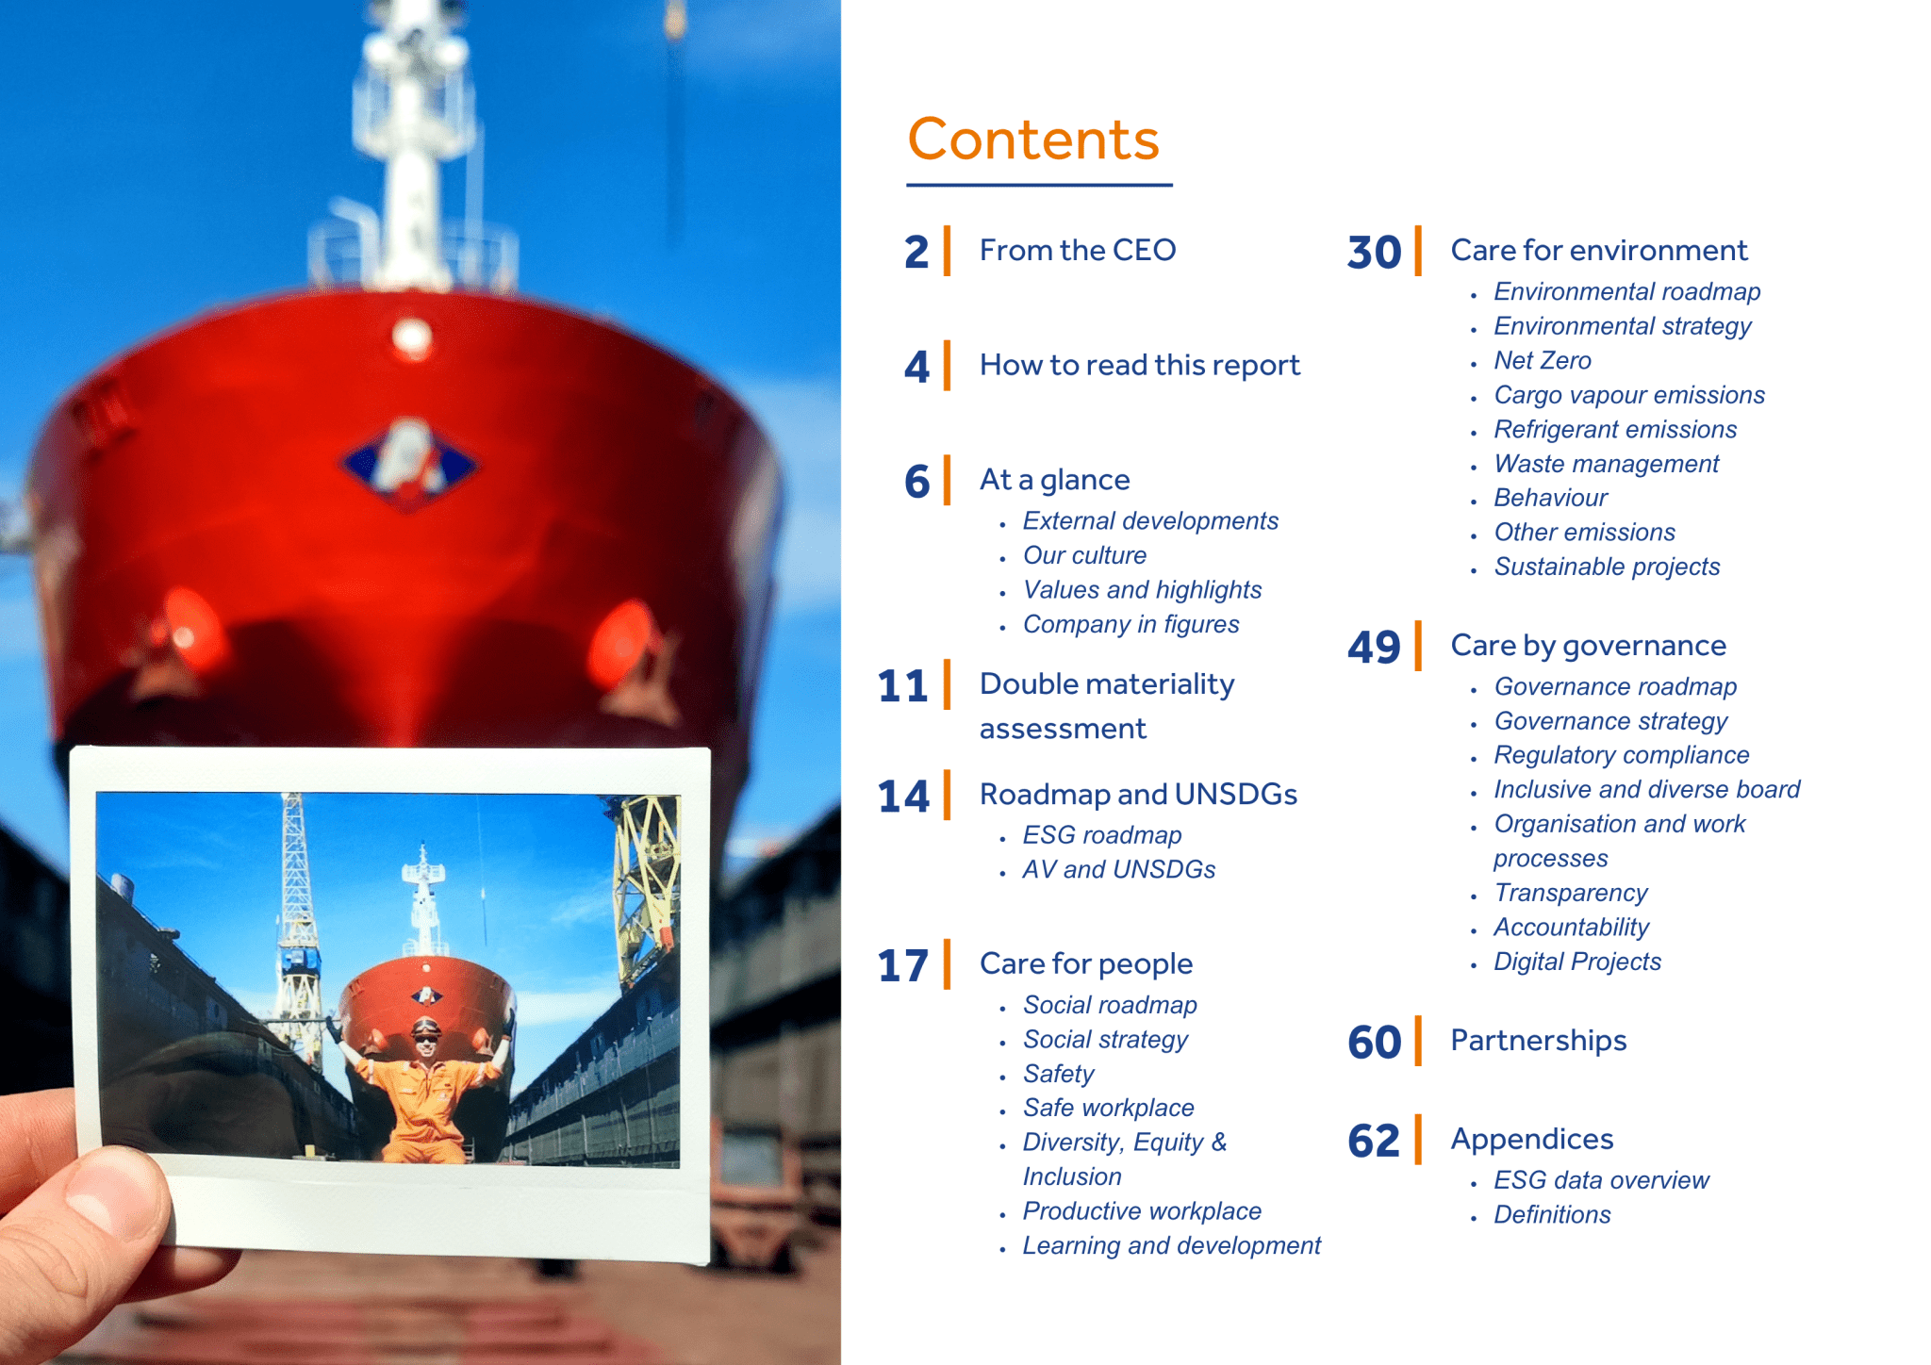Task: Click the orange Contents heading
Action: (x=1032, y=140)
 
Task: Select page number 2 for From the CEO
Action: (x=916, y=253)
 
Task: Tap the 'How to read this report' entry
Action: (x=1139, y=365)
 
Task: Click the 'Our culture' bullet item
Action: (x=1084, y=555)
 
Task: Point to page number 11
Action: (x=902, y=686)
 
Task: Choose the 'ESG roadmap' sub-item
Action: (x=1101, y=835)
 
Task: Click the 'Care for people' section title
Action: (x=1086, y=963)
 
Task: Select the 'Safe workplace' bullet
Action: (x=1108, y=1108)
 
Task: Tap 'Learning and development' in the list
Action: (x=1171, y=1245)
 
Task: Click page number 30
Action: (x=1375, y=253)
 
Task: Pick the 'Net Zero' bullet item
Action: (x=1543, y=360)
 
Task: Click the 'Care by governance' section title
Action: (x=1588, y=645)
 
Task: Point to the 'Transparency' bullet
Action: (x=1571, y=893)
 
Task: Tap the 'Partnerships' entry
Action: (x=1539, y=1040)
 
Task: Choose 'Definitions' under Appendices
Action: (x=1552, y=1214)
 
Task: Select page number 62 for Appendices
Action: (x=1375, y=1142)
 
